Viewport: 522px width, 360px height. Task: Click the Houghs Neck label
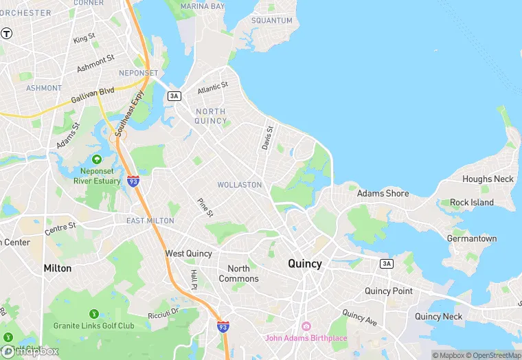pos(488,179)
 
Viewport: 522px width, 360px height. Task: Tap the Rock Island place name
pos(472,203)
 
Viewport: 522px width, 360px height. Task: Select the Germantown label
pos(471,238)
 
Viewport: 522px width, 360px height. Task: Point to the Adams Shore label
pos(383,194)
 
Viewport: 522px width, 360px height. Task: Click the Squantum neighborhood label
pos(272,21)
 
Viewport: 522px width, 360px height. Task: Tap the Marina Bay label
pos(203,6)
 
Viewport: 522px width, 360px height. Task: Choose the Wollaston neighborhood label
pos(239,185)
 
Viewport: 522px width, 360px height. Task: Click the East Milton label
pos(150,221)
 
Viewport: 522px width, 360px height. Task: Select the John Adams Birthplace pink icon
pos(306,326)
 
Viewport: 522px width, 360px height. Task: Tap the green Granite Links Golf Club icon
pos(93,313)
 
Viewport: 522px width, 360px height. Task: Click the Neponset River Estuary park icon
pos(97,159)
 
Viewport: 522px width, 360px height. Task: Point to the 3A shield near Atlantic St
pos(174,96)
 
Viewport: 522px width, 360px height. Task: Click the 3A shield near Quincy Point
pos(387,264)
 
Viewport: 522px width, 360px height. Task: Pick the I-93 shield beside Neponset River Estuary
pos(133,181)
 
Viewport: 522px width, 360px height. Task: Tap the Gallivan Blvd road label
pos(93,96)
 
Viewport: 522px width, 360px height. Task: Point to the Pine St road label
pos(205,208)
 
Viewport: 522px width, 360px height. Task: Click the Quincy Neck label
pos(438,316)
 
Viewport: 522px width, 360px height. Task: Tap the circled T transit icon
pos(7,33)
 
